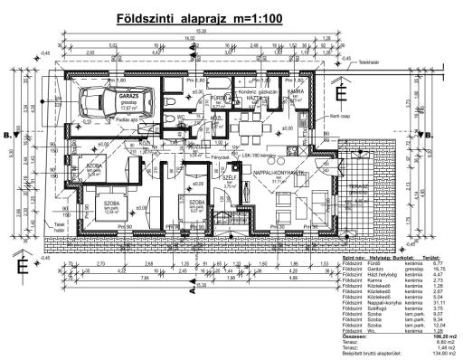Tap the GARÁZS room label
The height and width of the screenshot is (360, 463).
tap(130, 94)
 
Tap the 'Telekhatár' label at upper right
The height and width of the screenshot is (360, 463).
tap(371, 63)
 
